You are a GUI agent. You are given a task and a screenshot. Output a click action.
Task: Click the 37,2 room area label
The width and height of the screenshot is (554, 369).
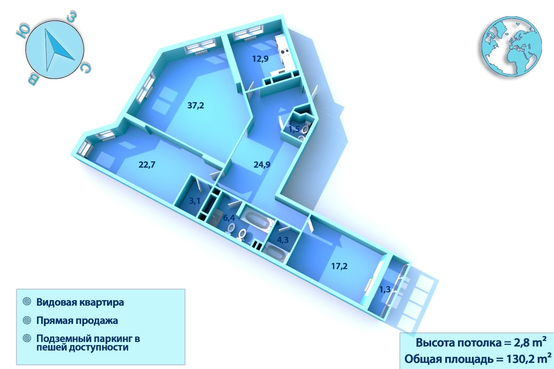pyautogui.click(x=196, y=105)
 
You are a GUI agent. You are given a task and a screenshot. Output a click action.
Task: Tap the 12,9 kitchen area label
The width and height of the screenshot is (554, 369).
pyautogui.click(x=260, y=58)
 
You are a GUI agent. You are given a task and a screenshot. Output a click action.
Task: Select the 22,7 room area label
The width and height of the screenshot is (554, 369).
pyautogui.click(x=147, y=164)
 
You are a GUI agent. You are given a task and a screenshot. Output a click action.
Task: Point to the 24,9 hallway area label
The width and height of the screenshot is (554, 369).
pyautogui.click(x=262, y=164)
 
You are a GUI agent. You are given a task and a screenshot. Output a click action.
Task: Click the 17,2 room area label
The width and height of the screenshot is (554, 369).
pyautogui.click(x=339, y=266)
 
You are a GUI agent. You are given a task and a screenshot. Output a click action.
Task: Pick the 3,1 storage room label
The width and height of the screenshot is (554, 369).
pyautogui.click(x=194, y=201)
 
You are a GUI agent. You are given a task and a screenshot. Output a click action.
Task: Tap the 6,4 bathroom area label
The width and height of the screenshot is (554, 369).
pyautogui.click(x=229, y=218)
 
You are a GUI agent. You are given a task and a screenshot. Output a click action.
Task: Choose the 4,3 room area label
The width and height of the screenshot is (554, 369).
pyautogui.click(x=283, y=240)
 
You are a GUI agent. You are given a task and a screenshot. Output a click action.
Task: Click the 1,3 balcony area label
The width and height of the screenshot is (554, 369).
pyautogui.click(x=385, y=289)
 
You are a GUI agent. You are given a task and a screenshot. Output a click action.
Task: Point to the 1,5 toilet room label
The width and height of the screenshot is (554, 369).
pyautogui.click(x=294, y=129)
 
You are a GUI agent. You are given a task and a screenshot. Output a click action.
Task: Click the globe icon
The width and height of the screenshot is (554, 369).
pyautogui.click(x=511, y=46)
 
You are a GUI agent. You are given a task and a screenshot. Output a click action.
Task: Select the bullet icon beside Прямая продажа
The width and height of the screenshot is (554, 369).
pyautogui.click(x=27, y=320)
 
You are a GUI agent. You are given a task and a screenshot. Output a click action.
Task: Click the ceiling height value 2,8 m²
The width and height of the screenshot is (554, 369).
pyautogui.click(x=530, y=342)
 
